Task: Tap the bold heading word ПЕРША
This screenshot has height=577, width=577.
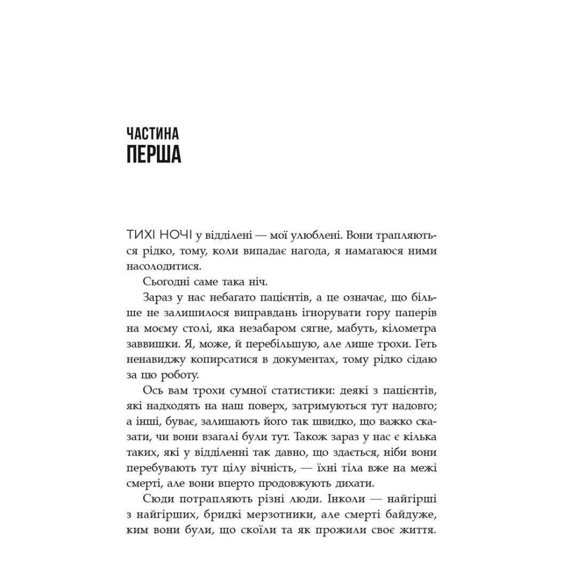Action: [x=153, y=155]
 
